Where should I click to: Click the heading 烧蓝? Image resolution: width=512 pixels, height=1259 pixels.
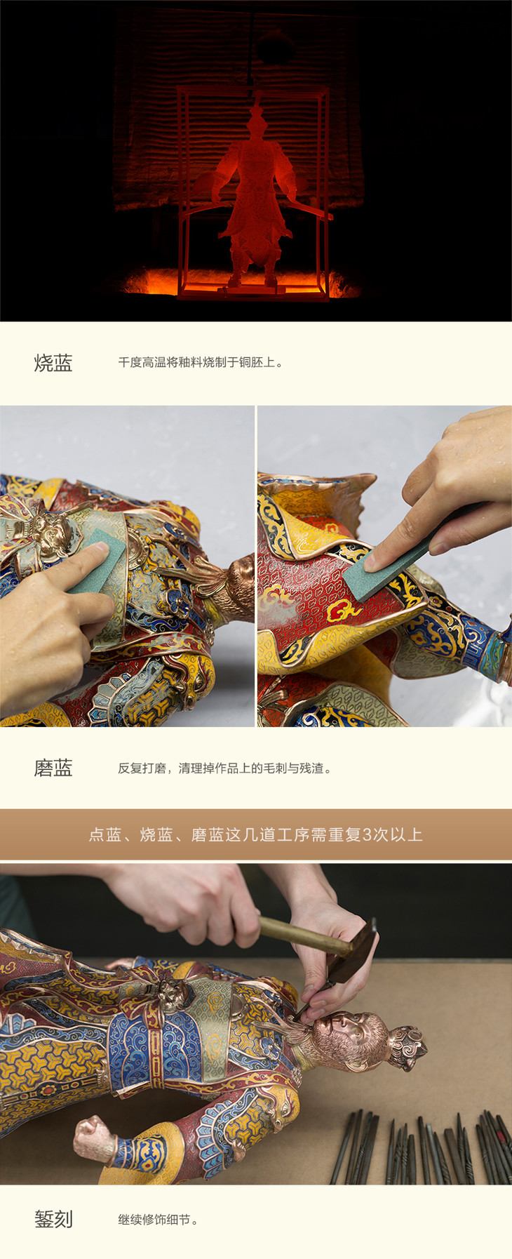[x=53, y=363]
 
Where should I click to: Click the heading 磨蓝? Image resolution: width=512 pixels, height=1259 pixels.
[x=53, y=768]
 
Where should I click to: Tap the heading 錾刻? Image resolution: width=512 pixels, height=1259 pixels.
[x=53, y=1219]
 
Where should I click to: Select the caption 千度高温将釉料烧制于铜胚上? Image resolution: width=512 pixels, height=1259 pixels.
[x=201, y=363]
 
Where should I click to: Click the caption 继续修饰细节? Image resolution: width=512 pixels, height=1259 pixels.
[x=158, y=1220]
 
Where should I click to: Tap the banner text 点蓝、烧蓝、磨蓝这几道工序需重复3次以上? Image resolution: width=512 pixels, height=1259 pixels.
[x=256, y=834]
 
